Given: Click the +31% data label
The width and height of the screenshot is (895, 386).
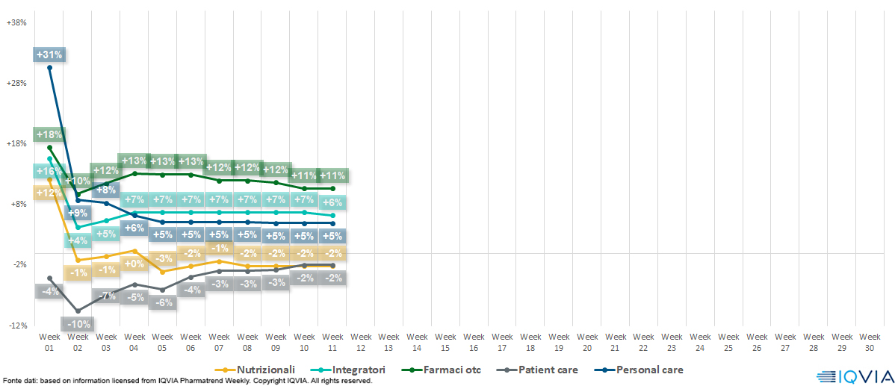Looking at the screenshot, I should click(x=49, y=55).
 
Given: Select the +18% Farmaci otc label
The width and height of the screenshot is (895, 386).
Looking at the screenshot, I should click(x=49, y=135).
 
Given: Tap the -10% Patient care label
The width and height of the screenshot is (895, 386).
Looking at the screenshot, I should click(x=78, y=324).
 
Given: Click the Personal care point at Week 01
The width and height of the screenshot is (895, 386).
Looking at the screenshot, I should click(x=50, y=68).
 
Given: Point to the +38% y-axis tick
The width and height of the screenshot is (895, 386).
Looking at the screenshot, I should click(x=16, y=22).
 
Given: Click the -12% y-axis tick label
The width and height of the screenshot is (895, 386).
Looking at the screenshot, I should click(x=16, y=326).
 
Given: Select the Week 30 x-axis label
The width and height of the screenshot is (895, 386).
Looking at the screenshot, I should click(x=869, y=342).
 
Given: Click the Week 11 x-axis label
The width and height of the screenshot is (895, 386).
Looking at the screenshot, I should click(x=332, y=342).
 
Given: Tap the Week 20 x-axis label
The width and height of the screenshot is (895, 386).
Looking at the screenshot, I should click(x=586, y=342).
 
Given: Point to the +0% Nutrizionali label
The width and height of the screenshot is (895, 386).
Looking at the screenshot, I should click(x=134, y=264).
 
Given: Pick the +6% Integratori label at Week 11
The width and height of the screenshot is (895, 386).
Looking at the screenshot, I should click(x=332, y=202).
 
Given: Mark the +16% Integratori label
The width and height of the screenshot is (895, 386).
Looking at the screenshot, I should click(x=49, y=171).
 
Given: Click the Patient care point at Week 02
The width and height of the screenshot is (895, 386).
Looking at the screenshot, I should click(x=78, y=311).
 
